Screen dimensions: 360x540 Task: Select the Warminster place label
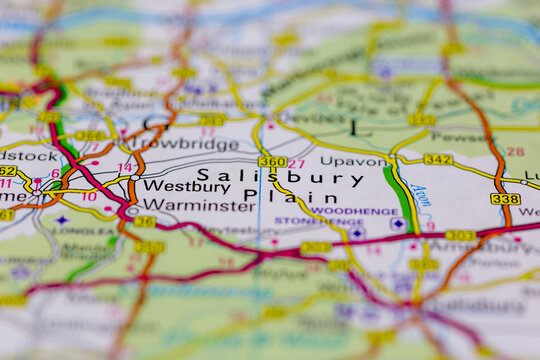[199, 206]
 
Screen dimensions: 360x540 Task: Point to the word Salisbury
[280, 177]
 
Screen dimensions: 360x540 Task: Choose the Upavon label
[353, 160]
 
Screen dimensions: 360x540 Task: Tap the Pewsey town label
[461, 136]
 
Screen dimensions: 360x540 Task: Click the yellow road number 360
[271, 162]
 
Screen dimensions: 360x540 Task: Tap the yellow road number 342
[437, 160]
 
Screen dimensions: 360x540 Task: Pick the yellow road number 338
[505, 199]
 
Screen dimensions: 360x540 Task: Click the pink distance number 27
[296, 164]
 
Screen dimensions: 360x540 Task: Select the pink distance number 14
[125, 168]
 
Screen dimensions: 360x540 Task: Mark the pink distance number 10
[89, 196]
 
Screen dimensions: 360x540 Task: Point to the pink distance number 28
[514, 152]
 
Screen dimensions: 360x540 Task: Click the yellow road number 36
[145, 222]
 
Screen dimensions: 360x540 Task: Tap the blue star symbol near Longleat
[62, 219]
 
